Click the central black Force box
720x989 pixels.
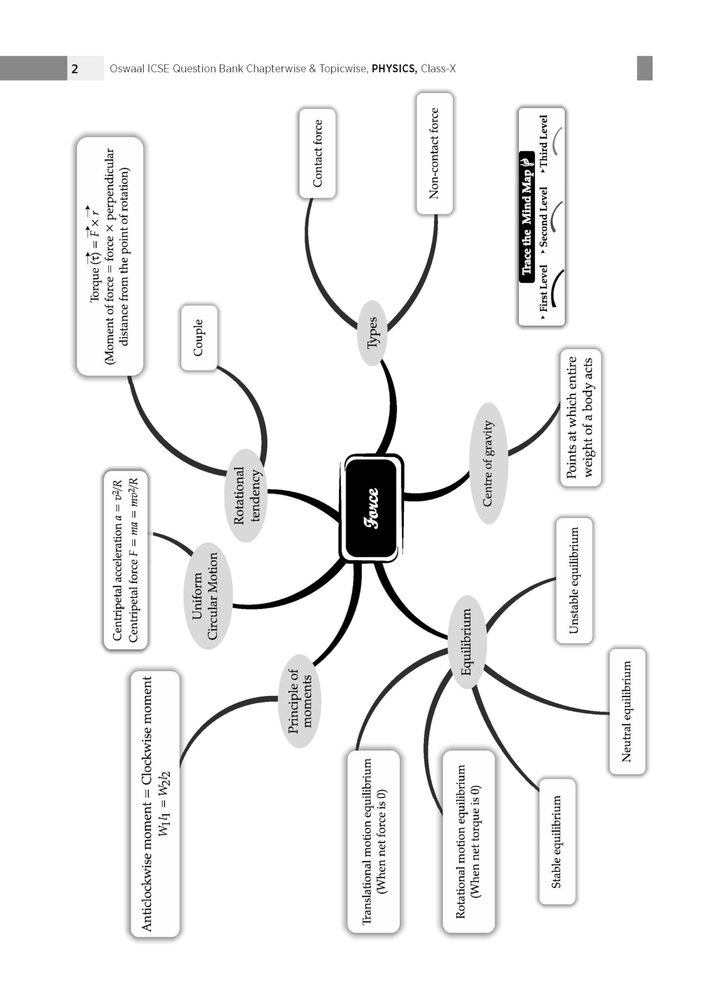pyautogui.click(x=371, y=508)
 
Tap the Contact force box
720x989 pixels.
pyautogui.click(x=317, y=153)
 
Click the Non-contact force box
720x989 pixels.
pyautogui.click(x=434, y=153)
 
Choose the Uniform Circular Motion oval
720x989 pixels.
pyautogui.click(x=207, y=596)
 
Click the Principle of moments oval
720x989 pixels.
pyautogui.click(x=299, y=701)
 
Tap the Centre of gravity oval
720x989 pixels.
pyautogui.click(x=488, y=463)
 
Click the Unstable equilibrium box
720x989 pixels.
pyautogui.click(x=574, y=580)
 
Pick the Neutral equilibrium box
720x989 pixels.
pyautogui.click(x=627, y=711)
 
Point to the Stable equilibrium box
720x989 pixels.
pyautogui.click(x=557, y=841)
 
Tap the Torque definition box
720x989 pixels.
pyautogui.click(x=110, y=257)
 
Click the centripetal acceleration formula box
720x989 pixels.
pyautogui.click(x=126, y=560)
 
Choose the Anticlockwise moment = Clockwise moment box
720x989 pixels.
pyautogui.click(x=155, y=804)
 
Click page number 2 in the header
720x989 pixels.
pyautogui.click(x=75, y=68)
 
